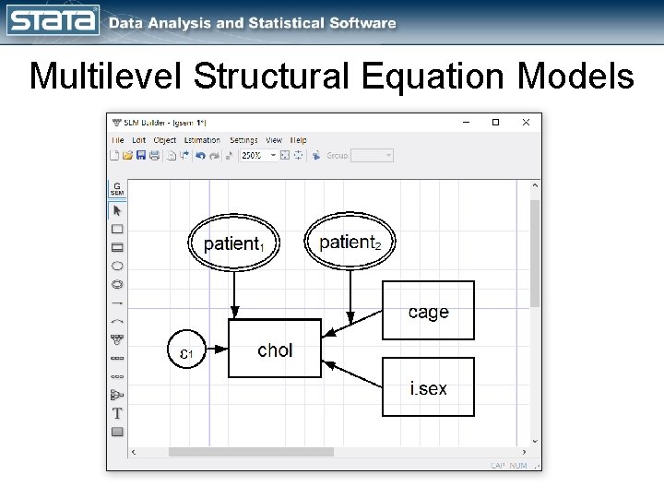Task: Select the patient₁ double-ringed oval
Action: (x=234, y=243)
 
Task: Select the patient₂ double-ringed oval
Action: (x=350, y=243)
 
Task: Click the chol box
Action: (x=275, y=350)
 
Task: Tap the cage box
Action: (x=428, y=312)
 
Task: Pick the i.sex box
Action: (x=428, y=387)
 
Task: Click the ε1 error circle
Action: (x=186, y=351)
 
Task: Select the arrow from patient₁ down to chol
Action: (x=235, y=295)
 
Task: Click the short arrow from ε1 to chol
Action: (x=218, y=350)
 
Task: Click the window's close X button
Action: (x=526, y=122)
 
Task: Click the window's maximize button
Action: (x=495, y=122)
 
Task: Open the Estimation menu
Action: (x=202, y=140)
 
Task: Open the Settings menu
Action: (x=243, y=140)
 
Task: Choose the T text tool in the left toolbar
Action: (x=117, y=413)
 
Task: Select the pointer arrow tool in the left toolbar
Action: (x=117, y=210)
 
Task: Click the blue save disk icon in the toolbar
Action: (x=141, y=155)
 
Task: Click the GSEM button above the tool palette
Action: (x=117, y=188)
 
